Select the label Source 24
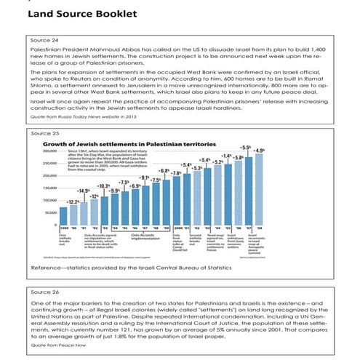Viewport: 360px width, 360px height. pos(41,40)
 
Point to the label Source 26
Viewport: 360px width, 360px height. pos(41,290)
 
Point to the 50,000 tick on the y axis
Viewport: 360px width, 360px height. pos(50,213)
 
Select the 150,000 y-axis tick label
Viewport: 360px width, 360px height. pos(49,188)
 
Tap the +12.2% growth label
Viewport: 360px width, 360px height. pos(73,201)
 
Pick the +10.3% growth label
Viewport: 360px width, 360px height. pos(104,186)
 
